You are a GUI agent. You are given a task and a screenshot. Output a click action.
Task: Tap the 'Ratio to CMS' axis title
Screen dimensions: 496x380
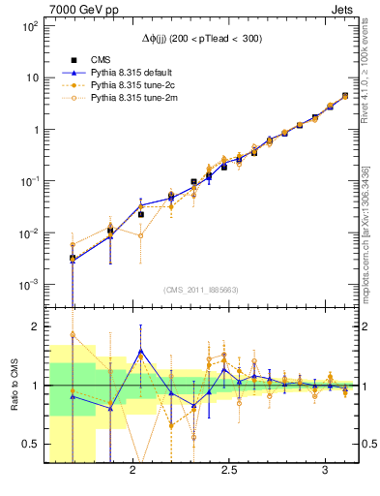pyautogui.click(x=15, y=384)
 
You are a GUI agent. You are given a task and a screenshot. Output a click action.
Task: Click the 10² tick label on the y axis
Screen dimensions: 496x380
pyautogui.click(x=30, y=26)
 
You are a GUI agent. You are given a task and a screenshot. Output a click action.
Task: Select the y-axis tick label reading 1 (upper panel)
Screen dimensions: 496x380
pyautogui.click(x=36, y=129)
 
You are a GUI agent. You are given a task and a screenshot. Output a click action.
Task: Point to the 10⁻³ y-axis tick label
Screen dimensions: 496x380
pyautogui.click(x=30, y=285)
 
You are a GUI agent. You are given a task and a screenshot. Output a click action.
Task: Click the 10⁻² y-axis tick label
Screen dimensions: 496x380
pyautogui.click(x=30, y=233)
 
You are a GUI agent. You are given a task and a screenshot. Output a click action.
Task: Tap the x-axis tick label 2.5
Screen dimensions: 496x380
pyautogui.click(x=229, y=470)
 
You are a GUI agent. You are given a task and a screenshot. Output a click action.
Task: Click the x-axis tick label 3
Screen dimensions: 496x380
pyautogui.click(x=326, y=470)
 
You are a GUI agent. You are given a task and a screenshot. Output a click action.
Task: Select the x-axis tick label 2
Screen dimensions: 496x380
pyautogui.click(x=132, y=470)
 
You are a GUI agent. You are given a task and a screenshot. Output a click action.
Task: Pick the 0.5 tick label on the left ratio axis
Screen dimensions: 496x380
pyautogui.click(x=30, y=444)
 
